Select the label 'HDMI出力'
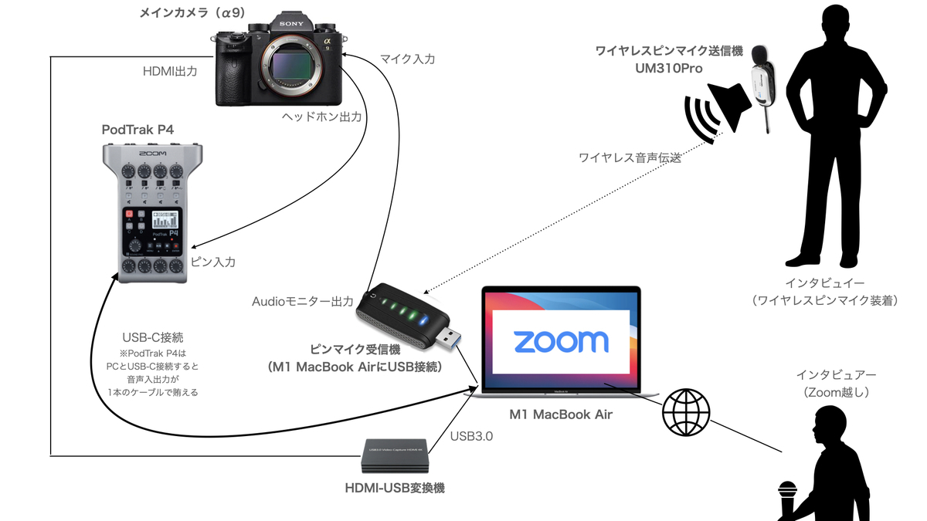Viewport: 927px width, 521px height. [171, 71]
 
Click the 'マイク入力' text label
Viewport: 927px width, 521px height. [407, 58]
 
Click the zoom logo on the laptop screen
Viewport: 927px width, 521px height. [561, 341]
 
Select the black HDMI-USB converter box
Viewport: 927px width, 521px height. [394, 457]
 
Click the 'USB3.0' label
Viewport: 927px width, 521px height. [471, 436]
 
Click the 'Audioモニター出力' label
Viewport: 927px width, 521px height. [303, 300]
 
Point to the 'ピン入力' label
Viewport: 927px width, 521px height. [212, 262]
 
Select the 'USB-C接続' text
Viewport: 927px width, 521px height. [153, 337]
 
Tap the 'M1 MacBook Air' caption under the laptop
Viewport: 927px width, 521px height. [561, 414]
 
